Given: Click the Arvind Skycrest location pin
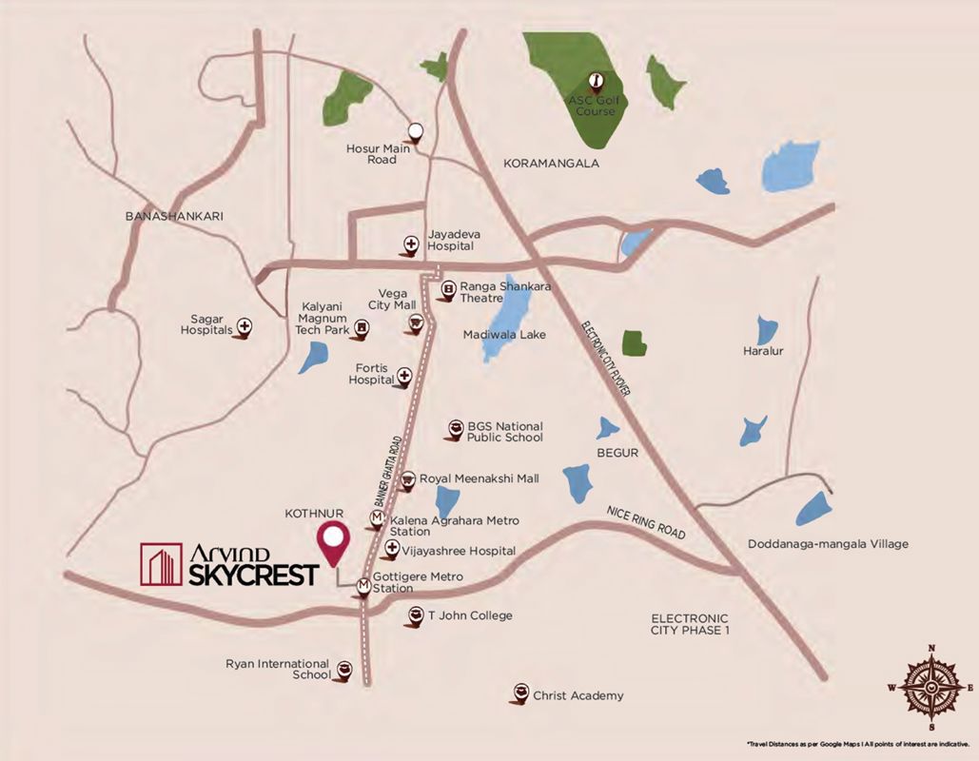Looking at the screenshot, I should click(x=333, y=539).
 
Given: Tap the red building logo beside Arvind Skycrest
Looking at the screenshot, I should click(x=161, y=564).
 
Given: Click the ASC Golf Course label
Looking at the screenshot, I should click(x=592, y=107).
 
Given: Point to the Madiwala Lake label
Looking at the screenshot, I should click(x=504, y=335).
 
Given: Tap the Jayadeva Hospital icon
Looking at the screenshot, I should click(x=410, y=244).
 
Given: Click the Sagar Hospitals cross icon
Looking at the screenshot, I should click(x=245, y=326).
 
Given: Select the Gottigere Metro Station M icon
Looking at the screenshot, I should click(x=363, y=586).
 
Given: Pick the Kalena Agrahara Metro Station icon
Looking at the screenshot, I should click(x=378, y=518).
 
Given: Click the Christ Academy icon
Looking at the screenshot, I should click(x=519, y=693).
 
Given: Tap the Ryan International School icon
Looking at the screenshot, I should click(x=344, y=669).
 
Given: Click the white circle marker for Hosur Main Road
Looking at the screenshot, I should click(x=415, y=131).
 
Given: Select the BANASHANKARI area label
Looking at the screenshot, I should click(x=174, y=216).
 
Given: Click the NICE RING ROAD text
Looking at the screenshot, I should click(x=646, y=522).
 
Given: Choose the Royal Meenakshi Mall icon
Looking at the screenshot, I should click(x=407, y=479).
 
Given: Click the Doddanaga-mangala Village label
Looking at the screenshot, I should click(x=828, y=544).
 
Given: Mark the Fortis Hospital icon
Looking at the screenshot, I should click(x=403, y=378).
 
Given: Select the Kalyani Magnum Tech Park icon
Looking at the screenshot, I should click(x=361, y=329).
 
